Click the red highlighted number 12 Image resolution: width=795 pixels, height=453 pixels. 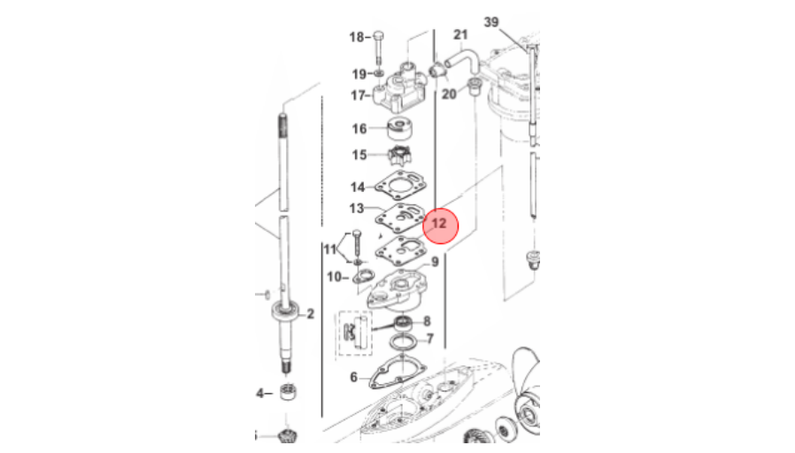438,223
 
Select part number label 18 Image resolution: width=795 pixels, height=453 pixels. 357,37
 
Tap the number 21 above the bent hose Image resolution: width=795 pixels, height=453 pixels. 460,35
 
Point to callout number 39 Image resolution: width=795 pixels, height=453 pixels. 491,22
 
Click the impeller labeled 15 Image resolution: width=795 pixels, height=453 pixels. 399,155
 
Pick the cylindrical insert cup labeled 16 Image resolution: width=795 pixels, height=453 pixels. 399,128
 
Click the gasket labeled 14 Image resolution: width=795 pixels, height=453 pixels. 401,186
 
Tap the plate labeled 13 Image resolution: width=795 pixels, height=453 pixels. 400,218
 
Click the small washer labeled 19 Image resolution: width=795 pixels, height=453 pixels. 379,74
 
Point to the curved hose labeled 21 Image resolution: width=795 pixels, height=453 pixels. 462,55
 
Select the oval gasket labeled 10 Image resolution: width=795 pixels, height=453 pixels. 363,277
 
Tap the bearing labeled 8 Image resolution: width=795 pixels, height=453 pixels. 404,322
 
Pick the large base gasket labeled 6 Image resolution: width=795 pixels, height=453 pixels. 398,373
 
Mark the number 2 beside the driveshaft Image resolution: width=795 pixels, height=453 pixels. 310,314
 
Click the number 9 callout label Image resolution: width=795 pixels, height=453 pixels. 435,262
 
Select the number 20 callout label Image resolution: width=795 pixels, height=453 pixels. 449,95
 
